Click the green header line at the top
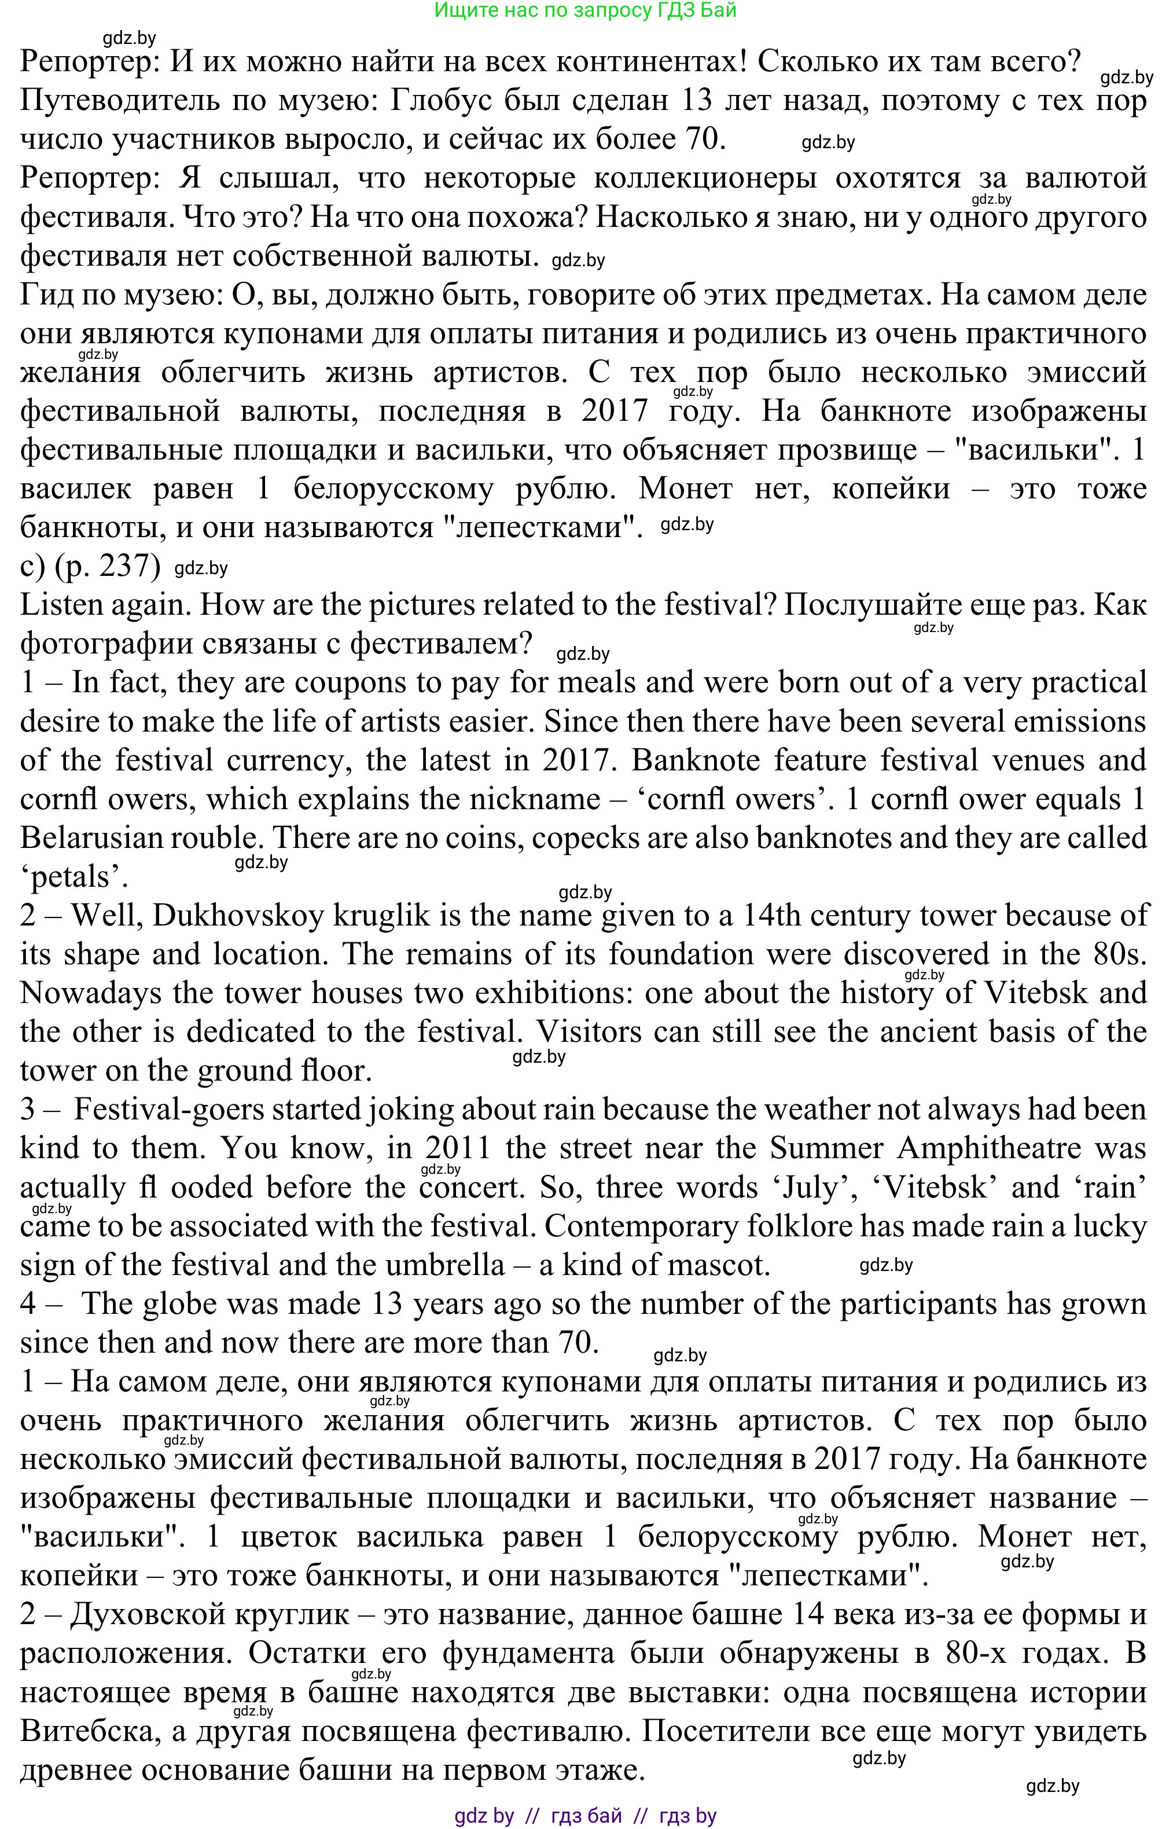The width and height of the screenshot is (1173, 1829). [585, 10]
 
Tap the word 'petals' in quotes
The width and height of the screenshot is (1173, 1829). [74, 877]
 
